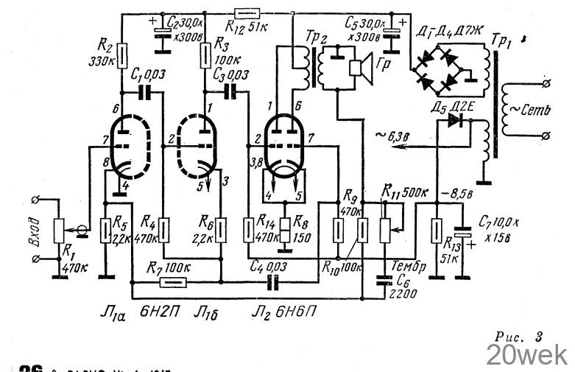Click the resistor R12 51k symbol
coord(244,13)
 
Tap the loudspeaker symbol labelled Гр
coord(359,68)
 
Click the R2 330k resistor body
coord(123,55)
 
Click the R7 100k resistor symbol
coord(172,281)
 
